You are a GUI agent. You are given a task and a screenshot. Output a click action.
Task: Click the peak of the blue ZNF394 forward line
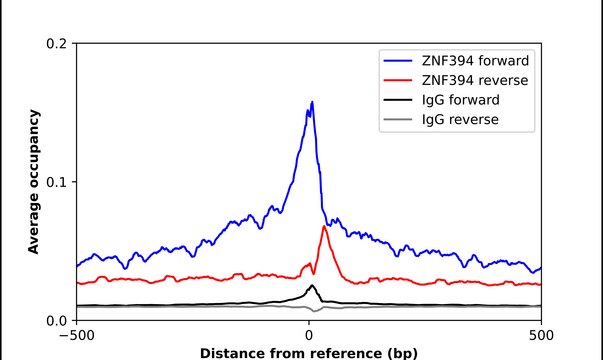(x=312, y=102)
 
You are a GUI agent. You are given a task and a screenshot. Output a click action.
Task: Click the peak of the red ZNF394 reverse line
(x=324, y=227)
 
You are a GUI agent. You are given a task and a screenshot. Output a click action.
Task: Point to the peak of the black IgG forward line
(x=312, y=286)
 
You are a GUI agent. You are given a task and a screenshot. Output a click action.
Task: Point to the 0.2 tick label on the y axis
(x=56, y=44)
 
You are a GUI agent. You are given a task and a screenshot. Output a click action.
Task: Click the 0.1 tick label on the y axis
(x=56, y=182)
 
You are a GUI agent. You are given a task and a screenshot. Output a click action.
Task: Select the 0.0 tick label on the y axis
(x=56, y=320)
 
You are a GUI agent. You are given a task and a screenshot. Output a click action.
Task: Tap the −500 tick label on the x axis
(x=75, y=335)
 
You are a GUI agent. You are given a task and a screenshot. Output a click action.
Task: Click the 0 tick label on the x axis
(x=309, y=335)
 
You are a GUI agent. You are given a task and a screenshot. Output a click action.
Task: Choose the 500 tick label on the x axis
(x=541, y=335)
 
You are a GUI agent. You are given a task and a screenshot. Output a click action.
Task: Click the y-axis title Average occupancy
(x=33, y=182)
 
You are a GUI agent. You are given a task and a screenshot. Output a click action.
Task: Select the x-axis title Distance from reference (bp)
(x=308, y=352)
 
